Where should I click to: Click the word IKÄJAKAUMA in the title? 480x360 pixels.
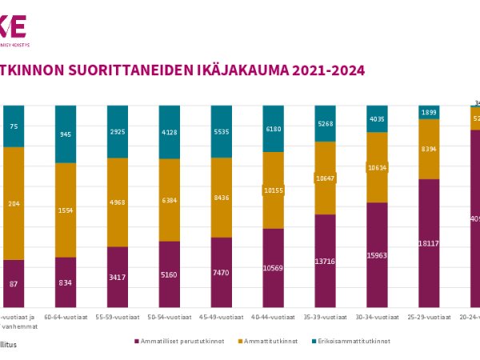point(242,70)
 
